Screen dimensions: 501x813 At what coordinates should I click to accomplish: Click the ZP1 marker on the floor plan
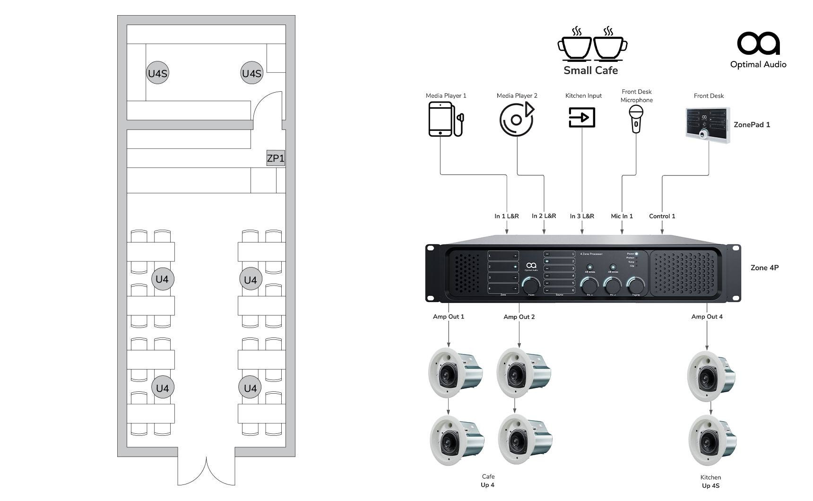[x=276, y=158]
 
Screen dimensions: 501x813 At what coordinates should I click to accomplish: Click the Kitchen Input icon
[x=582, y=117]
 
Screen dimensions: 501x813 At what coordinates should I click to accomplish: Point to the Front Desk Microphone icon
[x=636, y=119]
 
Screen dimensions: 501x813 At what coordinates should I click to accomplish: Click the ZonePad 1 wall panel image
[x=708, y=125]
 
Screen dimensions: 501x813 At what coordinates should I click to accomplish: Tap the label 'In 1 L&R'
[x=506, y=216]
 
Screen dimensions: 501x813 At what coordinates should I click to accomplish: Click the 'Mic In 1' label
[x=622, y=216]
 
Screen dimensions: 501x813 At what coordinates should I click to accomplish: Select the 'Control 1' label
[x=662, y=216]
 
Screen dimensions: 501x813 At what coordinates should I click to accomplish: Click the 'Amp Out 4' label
[x=707, y=317]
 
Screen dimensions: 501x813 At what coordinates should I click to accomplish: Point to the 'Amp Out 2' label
[x=519, y=317]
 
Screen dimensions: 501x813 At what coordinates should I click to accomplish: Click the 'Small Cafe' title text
[x=590, y=70]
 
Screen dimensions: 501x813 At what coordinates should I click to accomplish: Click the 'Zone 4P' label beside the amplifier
[x=764, y=268]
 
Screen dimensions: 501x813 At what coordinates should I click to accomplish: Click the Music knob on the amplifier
[x=531, y=286]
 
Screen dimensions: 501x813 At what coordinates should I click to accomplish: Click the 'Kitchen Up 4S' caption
[x=710, y=481]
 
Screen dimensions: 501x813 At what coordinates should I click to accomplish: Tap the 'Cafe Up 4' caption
[x=488, y=480]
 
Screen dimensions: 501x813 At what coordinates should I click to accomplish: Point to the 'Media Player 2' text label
[x=517, y=95]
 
